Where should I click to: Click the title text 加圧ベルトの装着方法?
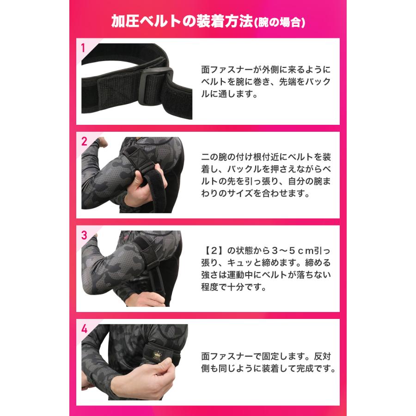pos(182,21)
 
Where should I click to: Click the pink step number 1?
pos(83,47)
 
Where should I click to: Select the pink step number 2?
pos(84,142)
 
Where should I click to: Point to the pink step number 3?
pos(84,235)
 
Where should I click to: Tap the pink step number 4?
pos(84,329)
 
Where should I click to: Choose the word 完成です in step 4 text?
pos(314,369)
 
